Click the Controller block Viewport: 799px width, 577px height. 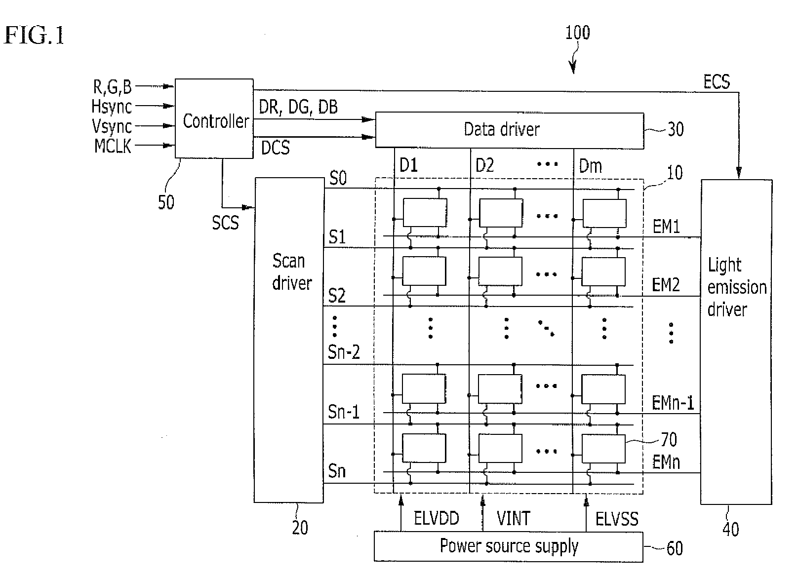214,118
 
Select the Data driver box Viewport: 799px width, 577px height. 510,130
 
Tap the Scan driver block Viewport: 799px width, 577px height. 289,340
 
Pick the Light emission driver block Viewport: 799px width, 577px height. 736,342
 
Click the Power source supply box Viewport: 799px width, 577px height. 509,547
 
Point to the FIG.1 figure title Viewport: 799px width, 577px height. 34,36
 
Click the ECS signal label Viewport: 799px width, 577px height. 717,81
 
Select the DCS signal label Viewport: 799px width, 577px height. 275,148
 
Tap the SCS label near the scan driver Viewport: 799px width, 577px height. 225,223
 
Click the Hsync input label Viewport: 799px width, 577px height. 112,106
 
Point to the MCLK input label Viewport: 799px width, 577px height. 113,146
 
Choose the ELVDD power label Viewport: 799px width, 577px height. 436,518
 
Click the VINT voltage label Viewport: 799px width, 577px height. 513,518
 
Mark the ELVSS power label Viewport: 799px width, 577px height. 617,519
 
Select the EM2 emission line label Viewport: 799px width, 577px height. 666,285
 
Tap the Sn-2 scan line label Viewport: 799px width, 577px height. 344,352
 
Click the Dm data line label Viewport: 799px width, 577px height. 590,166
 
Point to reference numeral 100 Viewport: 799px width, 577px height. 577,33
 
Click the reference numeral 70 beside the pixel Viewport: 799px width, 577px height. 669,440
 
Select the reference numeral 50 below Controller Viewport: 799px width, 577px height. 166,202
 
